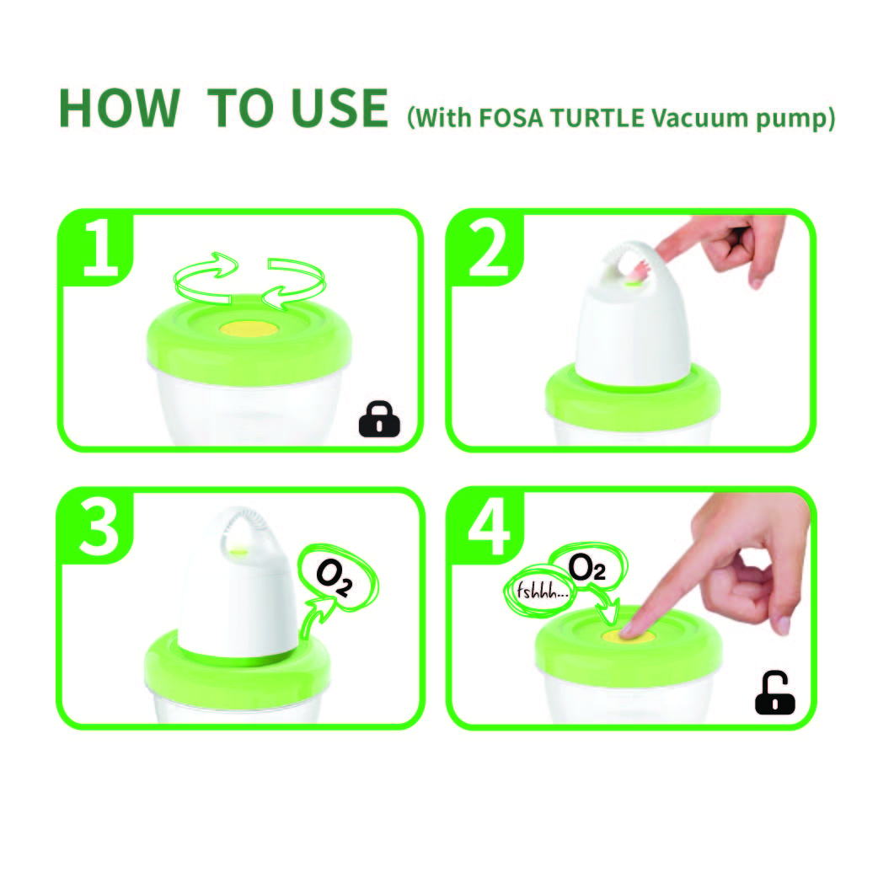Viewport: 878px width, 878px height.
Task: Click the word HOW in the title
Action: (x=120, y=108)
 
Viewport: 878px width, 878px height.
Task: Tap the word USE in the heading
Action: (x=340, y=108)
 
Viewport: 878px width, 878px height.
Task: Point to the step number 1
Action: (x=100, y=247)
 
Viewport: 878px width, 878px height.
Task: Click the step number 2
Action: (x=488, y=247)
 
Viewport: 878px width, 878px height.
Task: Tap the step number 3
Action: (x=99, y=527)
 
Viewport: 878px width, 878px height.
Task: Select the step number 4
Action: (x=489, y=527)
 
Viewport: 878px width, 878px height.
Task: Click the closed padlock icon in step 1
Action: (x=379, y=419)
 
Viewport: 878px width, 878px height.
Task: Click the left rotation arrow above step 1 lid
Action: (x=205, y=278)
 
